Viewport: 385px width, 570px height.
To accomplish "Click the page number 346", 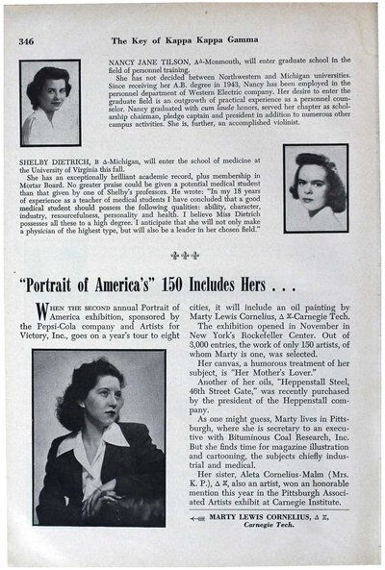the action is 27,41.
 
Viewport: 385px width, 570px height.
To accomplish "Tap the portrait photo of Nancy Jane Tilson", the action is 50,102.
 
